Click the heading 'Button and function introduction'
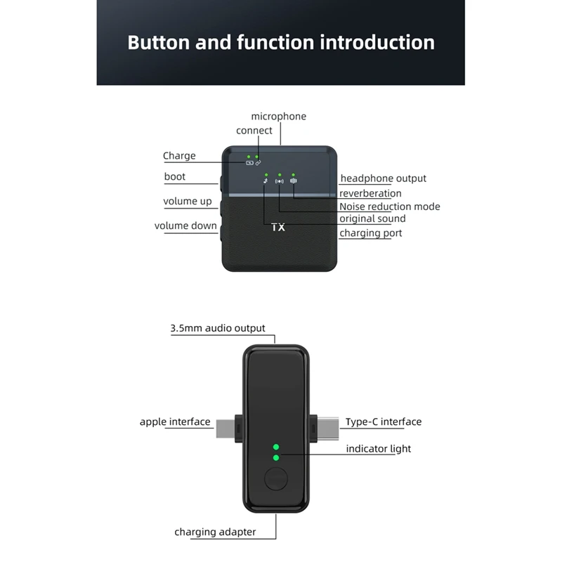point(281,42)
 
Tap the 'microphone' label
point(279,117)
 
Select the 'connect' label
point(254,131)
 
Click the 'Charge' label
point(179,156)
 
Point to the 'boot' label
point(175,176)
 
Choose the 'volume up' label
point(188,202)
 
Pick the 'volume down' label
point(185,226)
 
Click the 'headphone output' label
point(383,178)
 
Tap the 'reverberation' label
point(370,193)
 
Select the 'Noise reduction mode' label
point(389,207)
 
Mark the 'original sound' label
point(372,219)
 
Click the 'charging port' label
point(370,233)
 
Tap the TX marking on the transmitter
point(277,228)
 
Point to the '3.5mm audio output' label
point(218,328)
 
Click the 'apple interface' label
point(175,422)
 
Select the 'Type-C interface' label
point(384,422)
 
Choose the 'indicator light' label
point(378,449)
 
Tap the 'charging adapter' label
point(215,532)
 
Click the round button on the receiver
point(275,481)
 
